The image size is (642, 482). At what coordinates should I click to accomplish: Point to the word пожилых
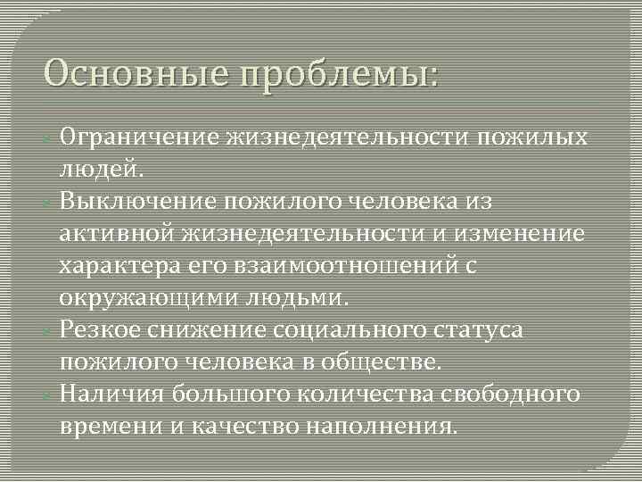click(x=532, y=138)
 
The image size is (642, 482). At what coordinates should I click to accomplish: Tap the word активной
click(x=118, y=234)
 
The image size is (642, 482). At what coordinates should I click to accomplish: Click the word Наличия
click(x=112, y=394)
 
